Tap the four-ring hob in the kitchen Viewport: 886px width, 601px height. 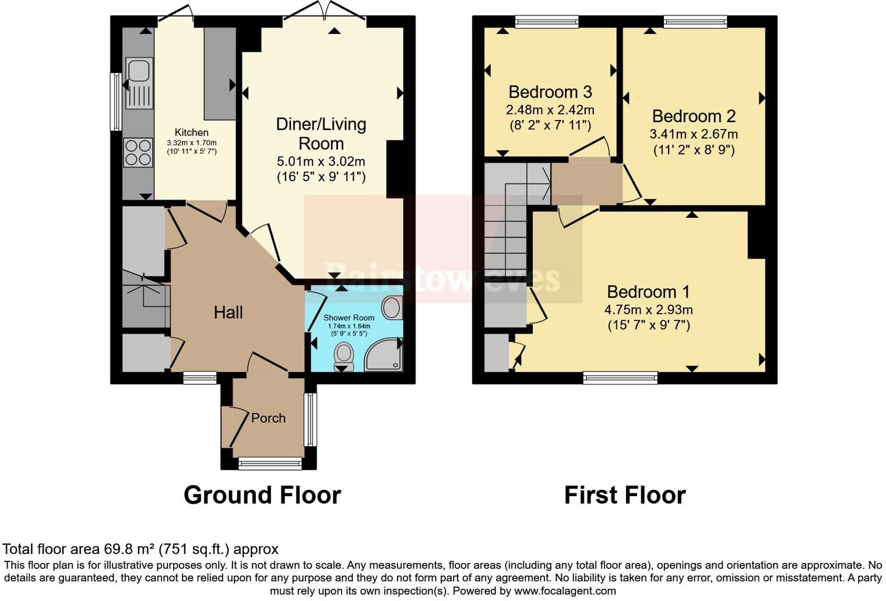coord(138,152)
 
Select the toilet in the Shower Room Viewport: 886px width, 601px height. coord(344,355)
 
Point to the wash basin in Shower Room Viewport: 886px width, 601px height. coord(393,307)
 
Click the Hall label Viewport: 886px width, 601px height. coord(228,313)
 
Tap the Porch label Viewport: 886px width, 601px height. coord(268,418)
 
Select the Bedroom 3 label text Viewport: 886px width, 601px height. coord(550,92)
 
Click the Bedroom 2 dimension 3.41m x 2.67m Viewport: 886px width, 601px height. coord(694,134)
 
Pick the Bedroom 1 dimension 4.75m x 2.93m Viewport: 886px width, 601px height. coord(648,310)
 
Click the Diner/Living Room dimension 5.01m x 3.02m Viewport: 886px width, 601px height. coord(321,161)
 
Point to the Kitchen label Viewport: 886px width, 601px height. coord(191,133)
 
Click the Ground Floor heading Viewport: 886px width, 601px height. coord(262,495)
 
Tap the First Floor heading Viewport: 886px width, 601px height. coord(625,495)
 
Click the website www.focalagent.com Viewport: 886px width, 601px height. coord(565,591)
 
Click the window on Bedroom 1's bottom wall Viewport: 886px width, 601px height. coord(620,378)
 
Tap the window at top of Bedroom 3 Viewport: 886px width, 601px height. coord(547,22)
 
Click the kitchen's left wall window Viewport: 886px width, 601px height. coord(116,102)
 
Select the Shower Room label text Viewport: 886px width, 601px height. coord(349,317)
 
